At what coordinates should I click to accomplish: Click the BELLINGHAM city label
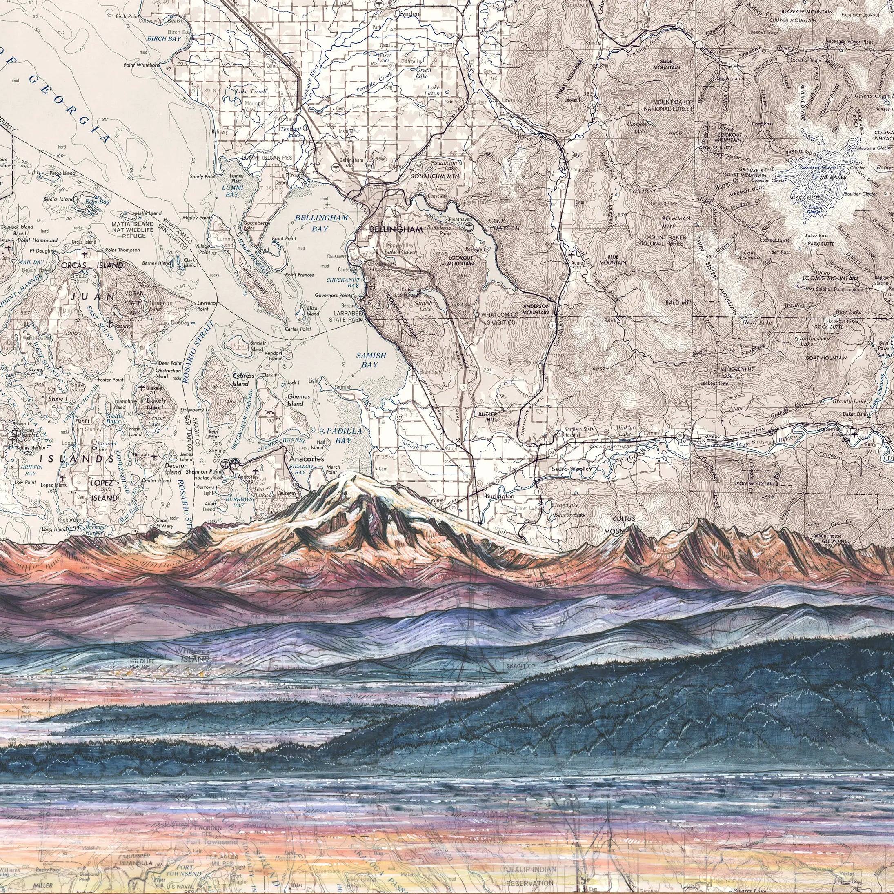click(x=396, y=229)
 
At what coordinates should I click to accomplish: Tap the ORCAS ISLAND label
click(x=92, y=266)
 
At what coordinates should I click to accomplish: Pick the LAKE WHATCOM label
click(x=503, y=225)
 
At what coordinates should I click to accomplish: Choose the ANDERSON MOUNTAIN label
click(x=536, y=309)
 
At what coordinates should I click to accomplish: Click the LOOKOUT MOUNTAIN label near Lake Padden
click(x=460, y=260)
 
